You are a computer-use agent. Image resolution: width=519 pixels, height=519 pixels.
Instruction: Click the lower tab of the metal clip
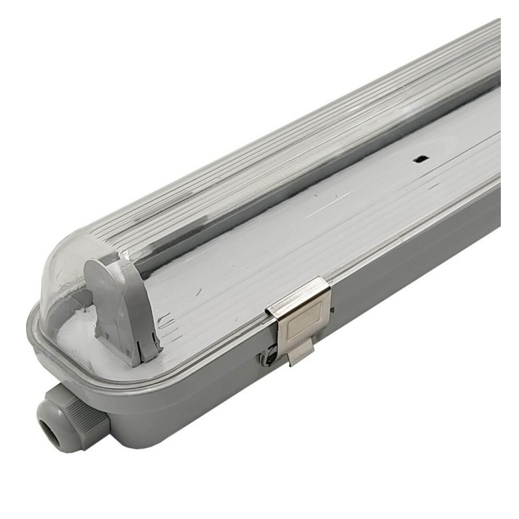pos(300,353)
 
